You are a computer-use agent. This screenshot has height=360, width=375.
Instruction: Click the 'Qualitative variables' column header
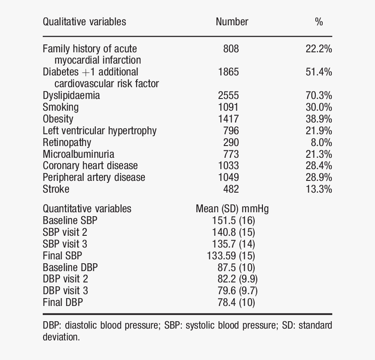(84, 22)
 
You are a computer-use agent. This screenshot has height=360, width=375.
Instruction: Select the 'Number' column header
(232, 22)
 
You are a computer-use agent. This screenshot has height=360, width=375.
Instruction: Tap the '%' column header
(319, 22)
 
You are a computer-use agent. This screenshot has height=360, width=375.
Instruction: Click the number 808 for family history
(231, 49)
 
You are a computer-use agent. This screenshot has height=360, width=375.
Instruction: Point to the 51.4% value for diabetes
(319, 72)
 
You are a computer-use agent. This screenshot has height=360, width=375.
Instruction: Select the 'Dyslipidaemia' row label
(71, 95)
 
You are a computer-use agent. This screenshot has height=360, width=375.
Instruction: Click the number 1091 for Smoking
(228, 107)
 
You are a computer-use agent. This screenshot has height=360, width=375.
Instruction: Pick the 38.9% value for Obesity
(319, 119)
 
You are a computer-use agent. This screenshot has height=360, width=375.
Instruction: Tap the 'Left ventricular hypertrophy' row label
(99, 131)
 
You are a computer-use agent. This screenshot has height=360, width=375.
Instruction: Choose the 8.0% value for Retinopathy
(321, 143)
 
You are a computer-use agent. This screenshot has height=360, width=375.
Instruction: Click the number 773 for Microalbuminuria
(231, 154)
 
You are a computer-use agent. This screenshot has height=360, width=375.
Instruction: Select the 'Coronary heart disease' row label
(90, 166)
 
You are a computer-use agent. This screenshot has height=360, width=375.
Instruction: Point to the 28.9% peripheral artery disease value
(319, 177)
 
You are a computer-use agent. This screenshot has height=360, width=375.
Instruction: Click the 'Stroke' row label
(56, 189)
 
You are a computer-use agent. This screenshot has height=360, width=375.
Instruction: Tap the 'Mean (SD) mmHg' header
(232, 209)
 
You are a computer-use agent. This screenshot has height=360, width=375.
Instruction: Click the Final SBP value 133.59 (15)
(231, 256)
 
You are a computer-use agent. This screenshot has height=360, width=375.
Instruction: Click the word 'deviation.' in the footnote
(61, 337)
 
